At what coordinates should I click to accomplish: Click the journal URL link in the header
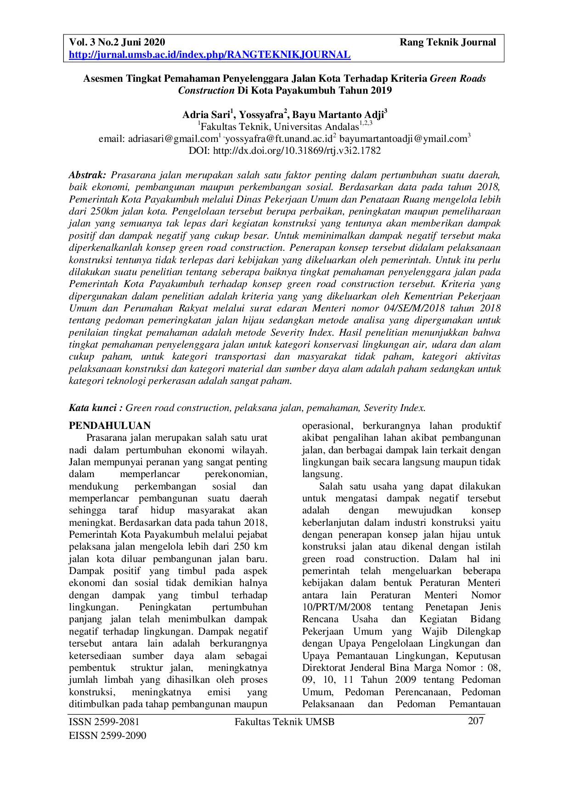pos(209,55)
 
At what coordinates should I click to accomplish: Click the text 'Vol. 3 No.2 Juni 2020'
pos(117,43)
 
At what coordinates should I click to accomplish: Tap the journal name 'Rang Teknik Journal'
pos(447,43)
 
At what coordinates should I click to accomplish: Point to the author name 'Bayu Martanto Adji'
pos(339,114)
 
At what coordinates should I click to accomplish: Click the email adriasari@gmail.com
pos(172,139)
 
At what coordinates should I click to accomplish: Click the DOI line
pos(285,151)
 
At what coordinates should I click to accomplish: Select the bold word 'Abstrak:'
pos(87,175)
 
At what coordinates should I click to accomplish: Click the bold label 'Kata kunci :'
pos(96,408)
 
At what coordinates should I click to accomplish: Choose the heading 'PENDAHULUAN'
pos(110,426)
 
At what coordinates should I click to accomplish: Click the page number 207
pos(475,721)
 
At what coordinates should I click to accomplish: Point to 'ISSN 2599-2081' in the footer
pos(104,722)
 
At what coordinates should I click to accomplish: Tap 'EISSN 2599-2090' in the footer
pos(107,736)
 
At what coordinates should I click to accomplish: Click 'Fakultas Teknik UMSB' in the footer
pos(284,722)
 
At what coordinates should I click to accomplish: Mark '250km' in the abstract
pos(92,211)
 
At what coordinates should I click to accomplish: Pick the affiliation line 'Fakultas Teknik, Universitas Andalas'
pos(280,127)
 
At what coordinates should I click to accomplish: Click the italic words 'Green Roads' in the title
pos(457,79)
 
